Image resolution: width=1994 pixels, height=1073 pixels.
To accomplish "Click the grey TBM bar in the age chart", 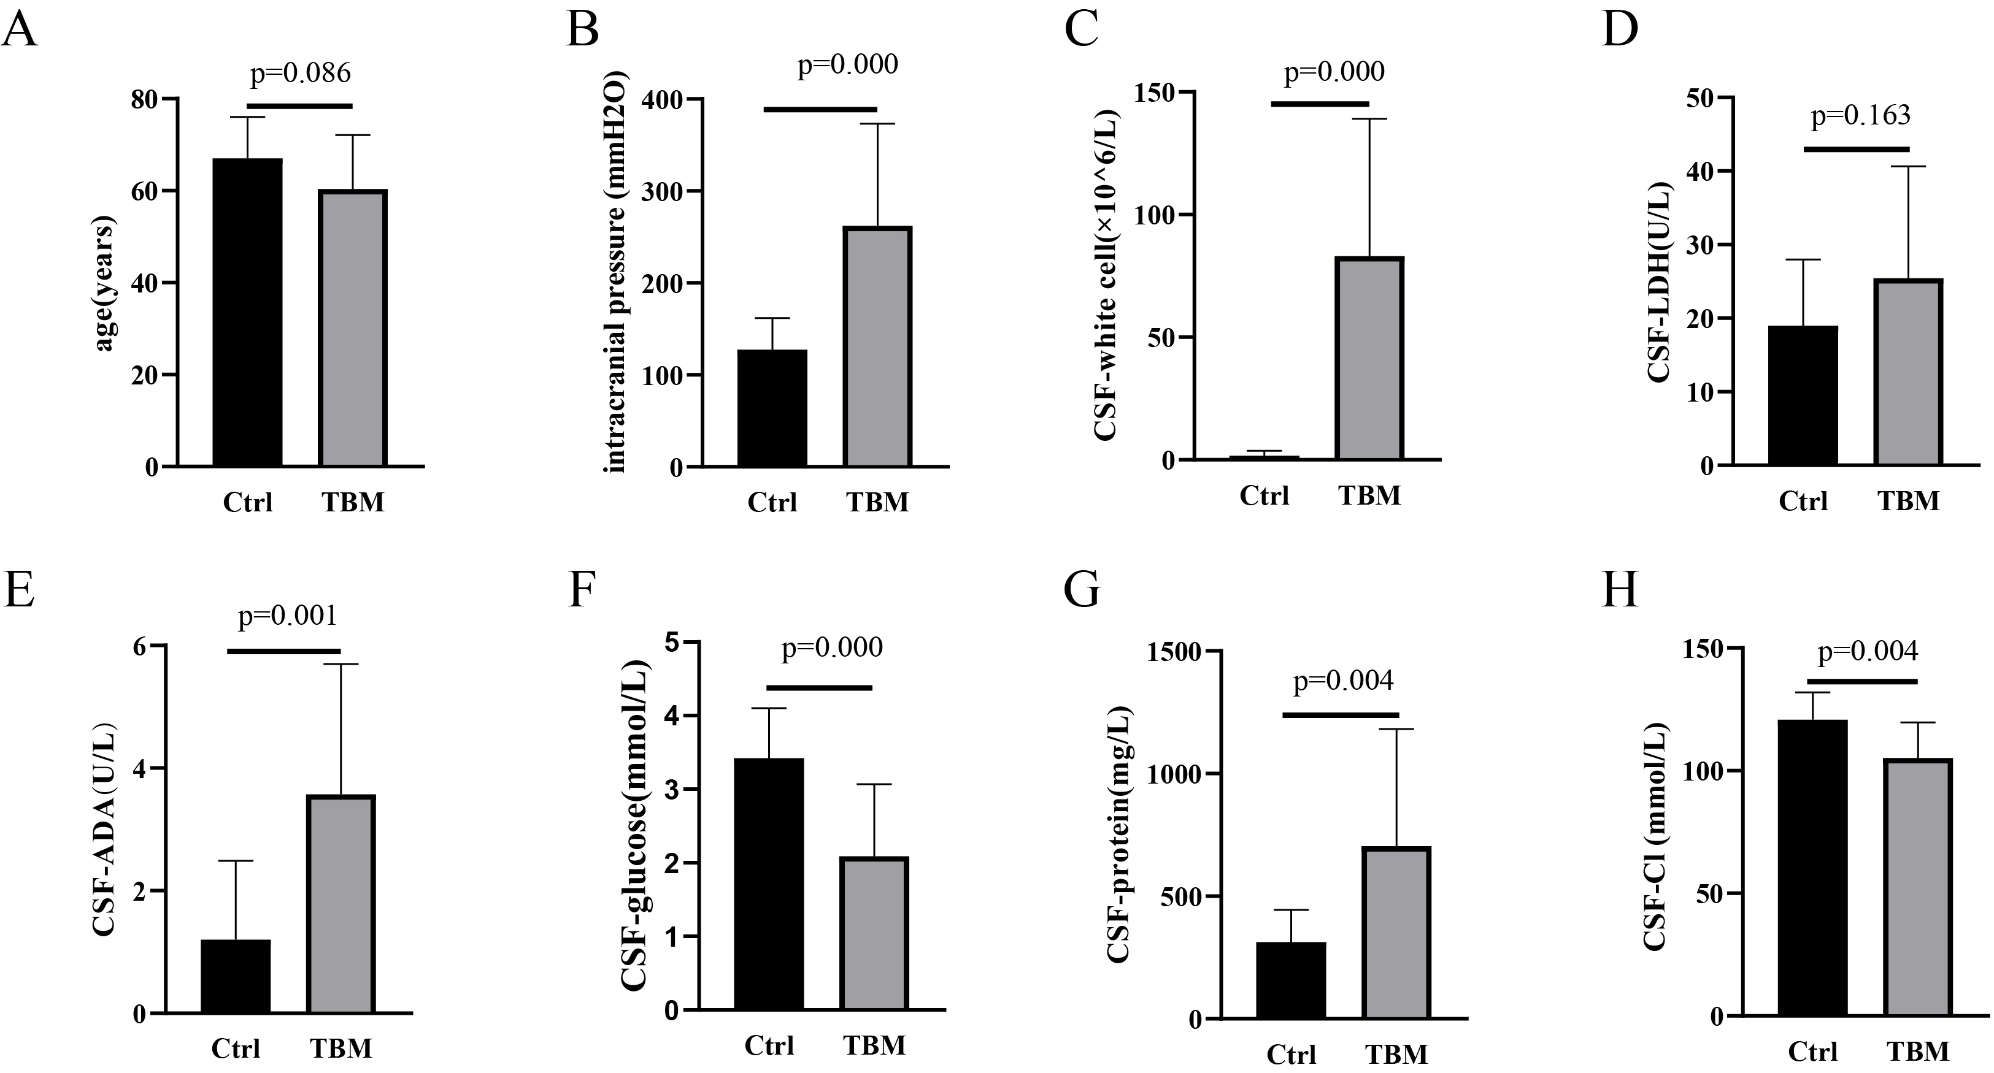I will pos(353,328).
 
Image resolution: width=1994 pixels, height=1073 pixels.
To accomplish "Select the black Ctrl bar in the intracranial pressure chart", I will pos(772,408).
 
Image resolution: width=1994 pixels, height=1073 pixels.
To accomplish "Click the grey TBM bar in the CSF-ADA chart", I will pos(341,904).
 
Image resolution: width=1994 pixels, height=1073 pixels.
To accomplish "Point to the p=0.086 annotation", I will pos(301,73).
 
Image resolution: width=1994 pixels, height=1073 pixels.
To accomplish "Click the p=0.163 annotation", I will pos(1861,115).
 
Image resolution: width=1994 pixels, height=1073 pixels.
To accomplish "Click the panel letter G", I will pos(1082,589).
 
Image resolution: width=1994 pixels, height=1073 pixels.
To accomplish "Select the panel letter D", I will pos(1619,31).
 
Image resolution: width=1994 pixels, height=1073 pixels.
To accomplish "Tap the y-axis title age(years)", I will pos(104,284).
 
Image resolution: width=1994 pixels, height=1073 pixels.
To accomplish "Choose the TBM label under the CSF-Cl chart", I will pos(1917,1052).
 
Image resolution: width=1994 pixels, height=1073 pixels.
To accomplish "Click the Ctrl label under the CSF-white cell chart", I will pos(1264,495).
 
